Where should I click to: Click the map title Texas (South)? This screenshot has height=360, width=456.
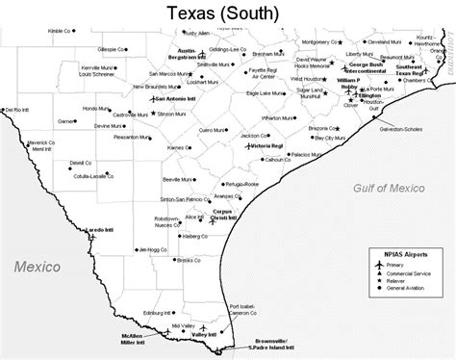pyautogui.click(x=228, y=13)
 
